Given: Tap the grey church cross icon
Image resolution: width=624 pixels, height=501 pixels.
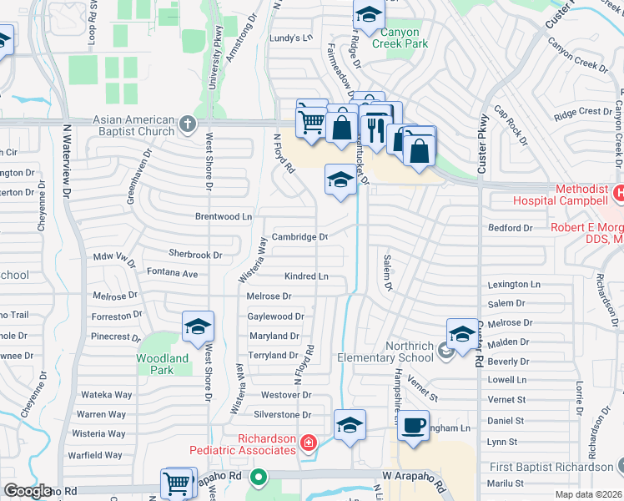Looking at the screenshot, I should point(188,125).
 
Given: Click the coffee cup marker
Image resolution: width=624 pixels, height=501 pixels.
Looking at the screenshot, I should point(412,427).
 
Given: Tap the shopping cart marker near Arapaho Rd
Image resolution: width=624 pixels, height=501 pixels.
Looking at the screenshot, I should point(178,483).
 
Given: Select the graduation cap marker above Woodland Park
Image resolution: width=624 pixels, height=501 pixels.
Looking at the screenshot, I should point(198,327).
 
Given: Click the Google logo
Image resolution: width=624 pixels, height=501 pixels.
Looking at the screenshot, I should point(28,491).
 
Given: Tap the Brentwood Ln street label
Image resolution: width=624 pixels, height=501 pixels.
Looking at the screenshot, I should point(223,216).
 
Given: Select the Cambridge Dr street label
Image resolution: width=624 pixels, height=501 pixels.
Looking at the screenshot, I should point(299,236).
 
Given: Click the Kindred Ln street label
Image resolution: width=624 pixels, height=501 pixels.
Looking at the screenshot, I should point(306,276).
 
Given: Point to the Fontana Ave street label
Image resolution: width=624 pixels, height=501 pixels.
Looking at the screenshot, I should point(172,273).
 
